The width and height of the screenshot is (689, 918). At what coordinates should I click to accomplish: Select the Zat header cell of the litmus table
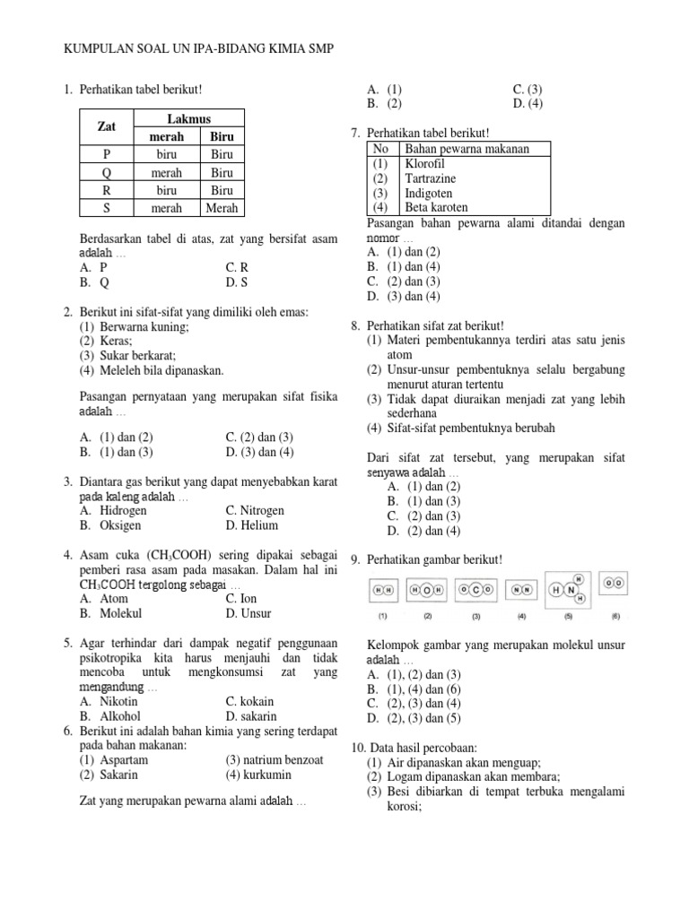point(107,127)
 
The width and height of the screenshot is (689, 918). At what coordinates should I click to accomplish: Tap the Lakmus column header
point(188,119)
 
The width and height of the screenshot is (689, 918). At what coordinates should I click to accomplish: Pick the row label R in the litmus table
point(107,190)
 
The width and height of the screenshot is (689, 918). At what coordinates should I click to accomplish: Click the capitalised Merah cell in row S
point(222,208)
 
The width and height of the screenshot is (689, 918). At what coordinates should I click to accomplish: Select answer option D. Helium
point(252,525)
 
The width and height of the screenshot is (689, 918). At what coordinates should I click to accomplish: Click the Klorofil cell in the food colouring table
point(425,164)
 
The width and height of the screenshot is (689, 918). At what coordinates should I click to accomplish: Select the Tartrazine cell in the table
point(430,178)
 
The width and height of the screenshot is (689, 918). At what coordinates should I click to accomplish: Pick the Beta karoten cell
point(436,207)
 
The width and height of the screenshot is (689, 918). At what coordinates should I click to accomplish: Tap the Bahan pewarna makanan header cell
point(467,149)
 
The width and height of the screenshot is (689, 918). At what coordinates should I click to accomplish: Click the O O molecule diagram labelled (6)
point(615,583)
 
